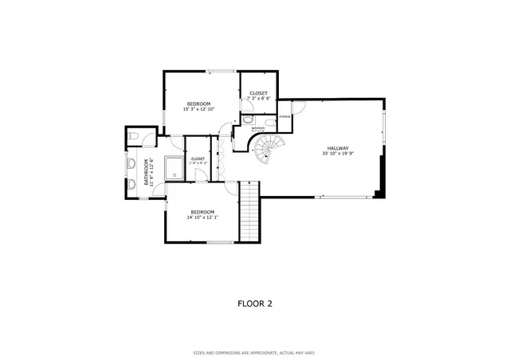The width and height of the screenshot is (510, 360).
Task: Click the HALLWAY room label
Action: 337,149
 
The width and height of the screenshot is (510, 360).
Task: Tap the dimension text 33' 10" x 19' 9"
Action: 337,155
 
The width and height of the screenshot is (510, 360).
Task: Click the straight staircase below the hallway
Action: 250,211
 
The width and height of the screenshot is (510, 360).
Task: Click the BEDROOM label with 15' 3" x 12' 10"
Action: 198,104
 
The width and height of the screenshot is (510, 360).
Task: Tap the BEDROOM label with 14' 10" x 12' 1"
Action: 202,212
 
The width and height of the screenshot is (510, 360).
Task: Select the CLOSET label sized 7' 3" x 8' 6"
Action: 258,93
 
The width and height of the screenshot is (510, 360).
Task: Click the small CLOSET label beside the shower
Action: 198,158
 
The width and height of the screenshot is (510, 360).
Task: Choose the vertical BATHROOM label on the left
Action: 146,171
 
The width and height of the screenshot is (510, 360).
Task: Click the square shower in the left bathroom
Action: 172,167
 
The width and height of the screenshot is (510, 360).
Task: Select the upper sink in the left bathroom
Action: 131,163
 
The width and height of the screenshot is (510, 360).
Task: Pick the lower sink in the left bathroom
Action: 131,186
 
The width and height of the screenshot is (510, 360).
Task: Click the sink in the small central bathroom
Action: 247,119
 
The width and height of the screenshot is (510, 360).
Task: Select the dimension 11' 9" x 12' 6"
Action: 152,171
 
